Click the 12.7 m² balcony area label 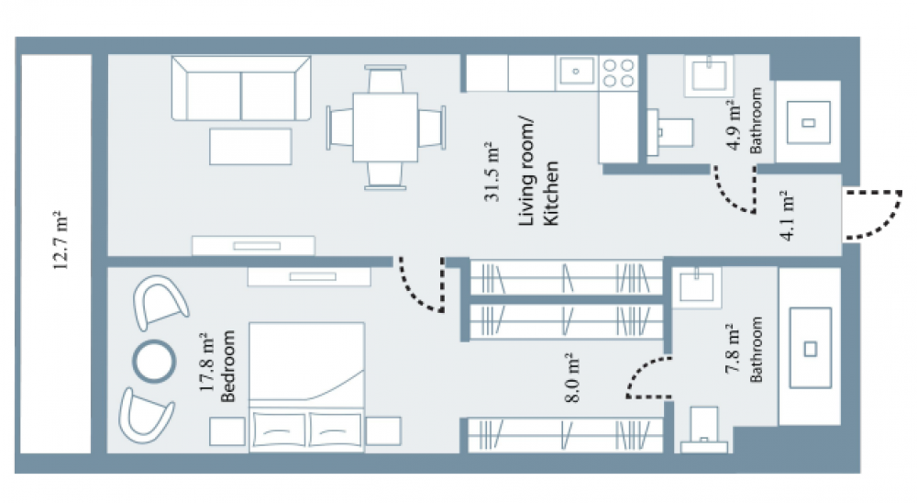[x=61, y=240]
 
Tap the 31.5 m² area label [x=492, y=173]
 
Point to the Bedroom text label [x=227, y=366]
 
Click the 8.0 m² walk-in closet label [x=572, y=377]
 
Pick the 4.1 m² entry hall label [x=787, y=215]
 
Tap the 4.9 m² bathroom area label [x=735, y=126]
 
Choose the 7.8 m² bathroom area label [x=734, y=349]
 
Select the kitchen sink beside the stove [x=576, y=72]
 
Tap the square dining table [x=385, y=127]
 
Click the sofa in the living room [x=241, y=88]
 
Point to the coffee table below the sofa [x=250, y=146]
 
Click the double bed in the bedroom [x=307, y=386]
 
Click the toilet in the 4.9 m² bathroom [x=670, y=132]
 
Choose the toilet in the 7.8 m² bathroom [x=703, y=430]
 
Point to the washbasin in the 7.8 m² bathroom [x=697, y=287]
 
